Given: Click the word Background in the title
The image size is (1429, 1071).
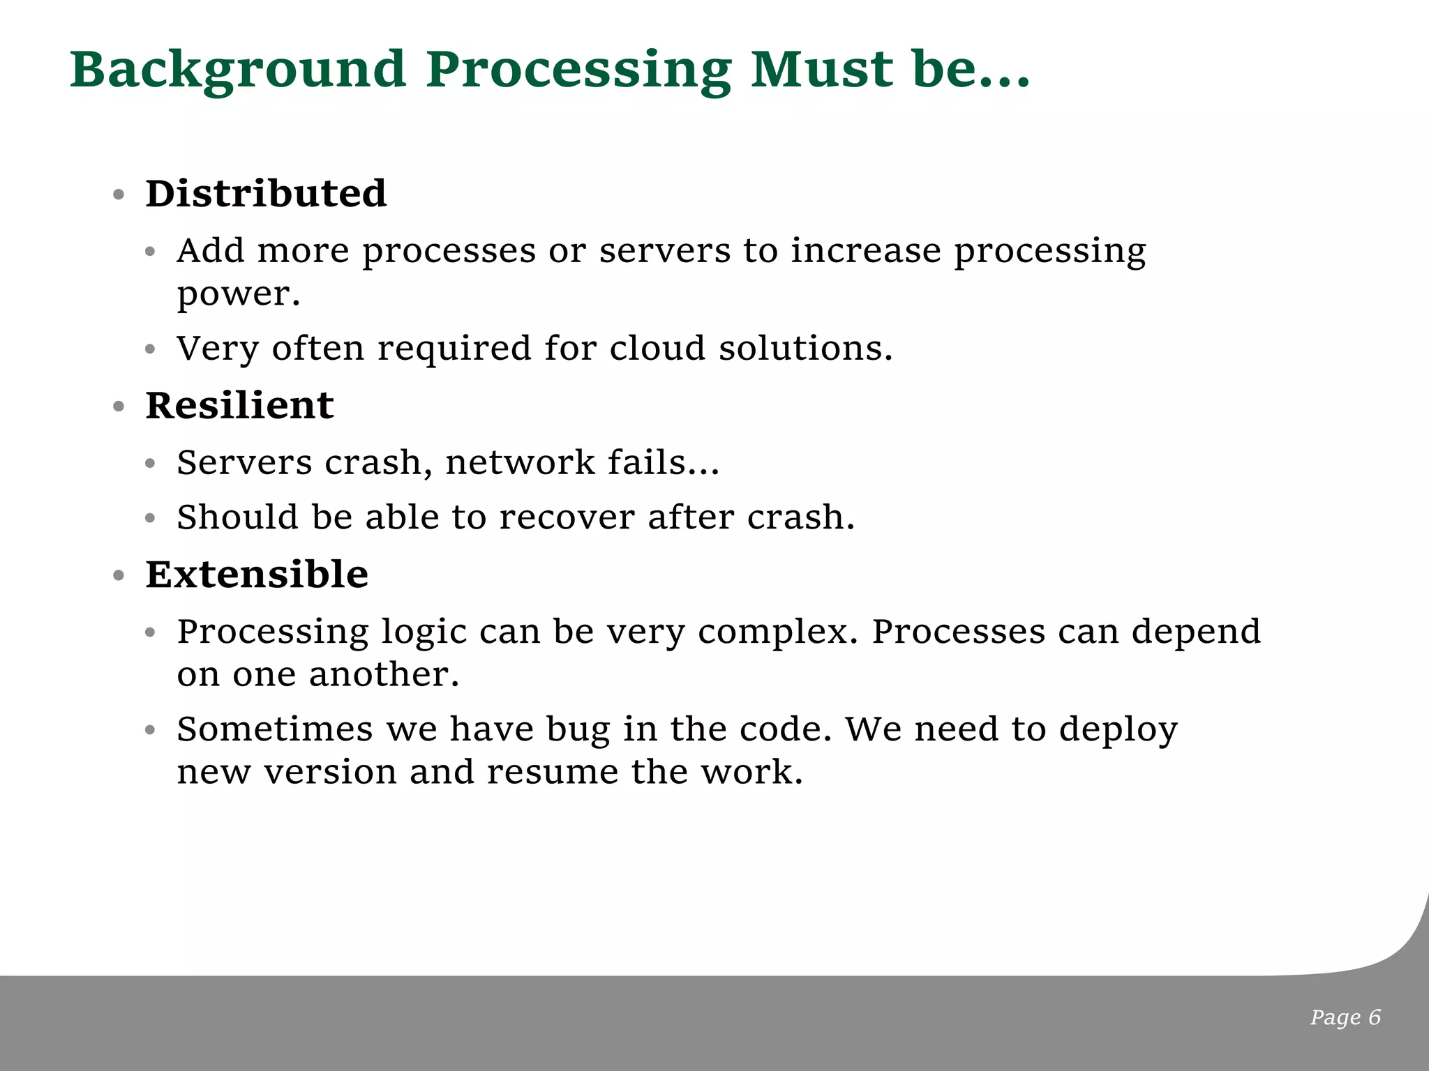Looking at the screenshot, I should click(x=238, y=71).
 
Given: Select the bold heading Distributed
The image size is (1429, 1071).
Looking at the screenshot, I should click(x=266, y=193).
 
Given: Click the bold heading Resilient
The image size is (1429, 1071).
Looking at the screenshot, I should click(x=239, y=405).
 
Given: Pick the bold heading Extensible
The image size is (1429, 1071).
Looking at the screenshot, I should click(x=257, y=575).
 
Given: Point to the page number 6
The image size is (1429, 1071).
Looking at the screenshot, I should click(x=1374, y=1017).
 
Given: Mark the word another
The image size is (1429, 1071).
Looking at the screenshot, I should click(x=384, y=674).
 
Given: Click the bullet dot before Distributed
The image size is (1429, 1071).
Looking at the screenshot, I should click(x=119, y=195).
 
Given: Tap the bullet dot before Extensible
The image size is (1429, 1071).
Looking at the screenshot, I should click(x=119, y=576).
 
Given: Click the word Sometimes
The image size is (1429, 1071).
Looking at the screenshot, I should click(x=275, y=729).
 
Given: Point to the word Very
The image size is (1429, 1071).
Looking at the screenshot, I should click(x=218, y=348).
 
